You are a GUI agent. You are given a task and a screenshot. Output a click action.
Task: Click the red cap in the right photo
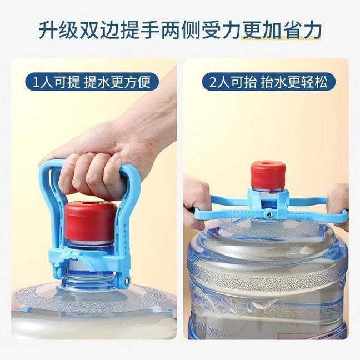267,176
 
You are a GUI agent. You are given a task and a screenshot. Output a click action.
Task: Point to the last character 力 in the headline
312,31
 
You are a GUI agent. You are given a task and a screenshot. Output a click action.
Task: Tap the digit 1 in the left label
37,83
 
